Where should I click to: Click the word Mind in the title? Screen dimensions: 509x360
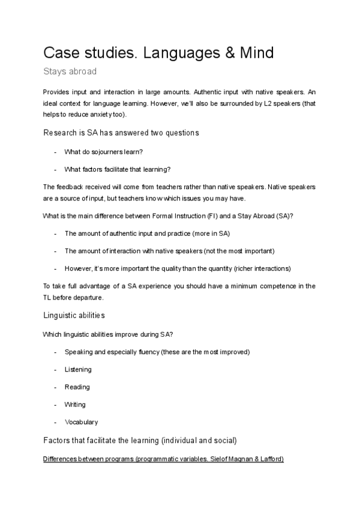click(x=253, y=53)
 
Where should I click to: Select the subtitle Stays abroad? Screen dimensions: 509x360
click(x=70, y=71)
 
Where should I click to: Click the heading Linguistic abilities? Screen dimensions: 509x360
click(x=74, y=315)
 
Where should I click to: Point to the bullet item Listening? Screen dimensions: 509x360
click(x=78, y=369)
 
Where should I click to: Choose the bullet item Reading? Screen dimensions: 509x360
click(x=77, y=387)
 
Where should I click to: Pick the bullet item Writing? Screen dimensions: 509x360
click(x=75, y=405)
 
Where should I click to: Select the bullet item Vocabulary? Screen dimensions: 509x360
click(x=81, y=422)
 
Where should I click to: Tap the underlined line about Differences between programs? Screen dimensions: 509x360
click(x=163, y=459)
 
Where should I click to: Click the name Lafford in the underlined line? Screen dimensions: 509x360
click(x=270, y=459)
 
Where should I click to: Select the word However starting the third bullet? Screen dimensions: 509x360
click(x=78, y=268)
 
